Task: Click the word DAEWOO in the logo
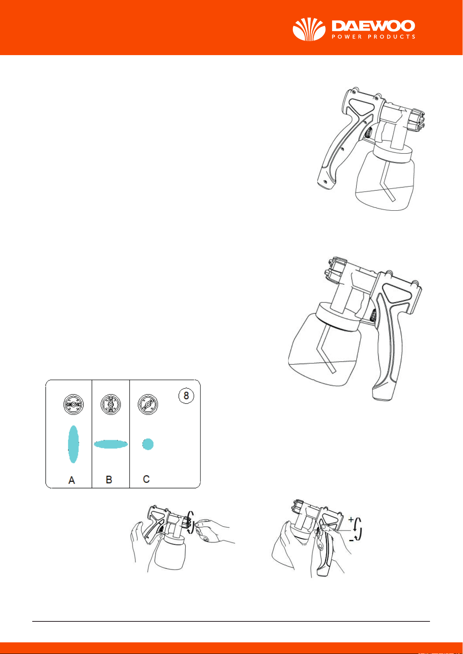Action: click(x=373, y=26)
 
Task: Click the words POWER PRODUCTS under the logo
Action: click(x=373, y=37)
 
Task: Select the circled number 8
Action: click(x=186, y=396)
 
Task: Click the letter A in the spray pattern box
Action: click(x=71, y=480)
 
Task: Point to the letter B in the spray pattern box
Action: click(x=109, y=479)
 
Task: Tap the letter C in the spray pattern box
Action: click(x=146, y=479)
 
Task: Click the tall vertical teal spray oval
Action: click(x=73, y=444)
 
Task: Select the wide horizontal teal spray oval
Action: click(x=111, y=444)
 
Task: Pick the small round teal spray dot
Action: click(x=148, y=444)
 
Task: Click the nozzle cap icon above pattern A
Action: click(x=74, y=404)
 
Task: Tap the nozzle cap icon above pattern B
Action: click(x=111, y=404)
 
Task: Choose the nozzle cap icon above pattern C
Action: click(x=148, y=404)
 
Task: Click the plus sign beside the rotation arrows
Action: click(x=351, y=519)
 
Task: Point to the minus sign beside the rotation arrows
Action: click(x=352, y=540)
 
